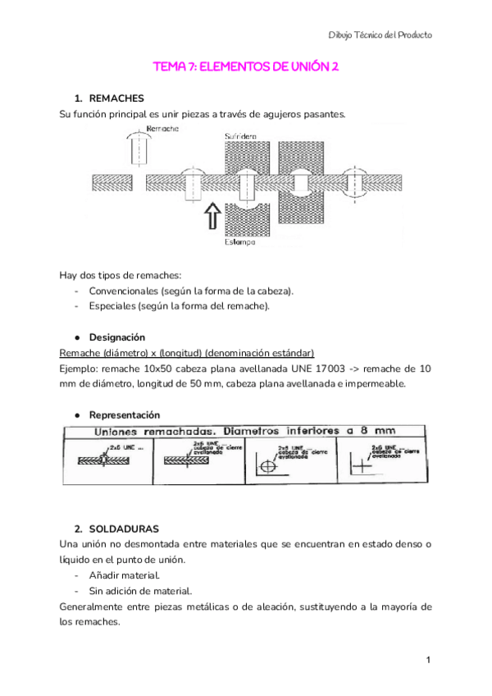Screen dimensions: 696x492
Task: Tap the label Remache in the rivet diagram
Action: point(163,129)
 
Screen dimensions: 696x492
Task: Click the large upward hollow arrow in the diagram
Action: point(210,217)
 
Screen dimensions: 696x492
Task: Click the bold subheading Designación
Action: point(117,337)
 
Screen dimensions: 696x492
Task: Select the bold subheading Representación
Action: point(125,415)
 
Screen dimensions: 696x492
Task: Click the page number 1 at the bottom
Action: point(429,660)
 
